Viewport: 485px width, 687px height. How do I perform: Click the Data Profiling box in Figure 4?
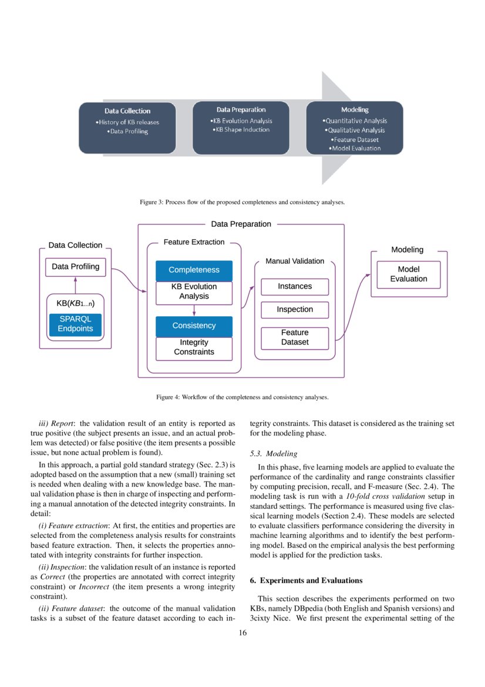pos(76,267)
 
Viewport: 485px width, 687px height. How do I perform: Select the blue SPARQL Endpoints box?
pos(76,324)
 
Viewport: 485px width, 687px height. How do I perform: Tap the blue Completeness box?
pos(194,270)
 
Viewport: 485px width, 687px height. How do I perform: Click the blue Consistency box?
pos(194,326)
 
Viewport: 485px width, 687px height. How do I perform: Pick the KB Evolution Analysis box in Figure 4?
pos(194,291)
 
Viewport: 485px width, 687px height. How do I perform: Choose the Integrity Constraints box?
pos(194,347)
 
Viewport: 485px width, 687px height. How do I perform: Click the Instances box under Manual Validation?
pos(295,287)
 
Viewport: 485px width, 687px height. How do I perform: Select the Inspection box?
pos(295,310)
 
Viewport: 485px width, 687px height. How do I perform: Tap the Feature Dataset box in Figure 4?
pos(295,337)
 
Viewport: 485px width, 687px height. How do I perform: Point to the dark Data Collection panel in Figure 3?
pos(127,128)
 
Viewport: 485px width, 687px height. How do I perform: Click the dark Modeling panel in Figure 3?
pos(355,128)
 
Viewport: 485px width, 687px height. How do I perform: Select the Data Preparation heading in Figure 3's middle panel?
pos(241,109)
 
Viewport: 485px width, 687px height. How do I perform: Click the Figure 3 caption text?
pos(242,202)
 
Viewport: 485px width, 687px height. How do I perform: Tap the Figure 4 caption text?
pos(242,397)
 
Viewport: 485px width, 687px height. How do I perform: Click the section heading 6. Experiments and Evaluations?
pos(306,581)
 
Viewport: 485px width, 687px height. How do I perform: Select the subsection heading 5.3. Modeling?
pos(274,454)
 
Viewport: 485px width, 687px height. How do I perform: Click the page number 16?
pos(242,633)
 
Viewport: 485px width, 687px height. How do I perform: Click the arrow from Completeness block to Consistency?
pos(194,310)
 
